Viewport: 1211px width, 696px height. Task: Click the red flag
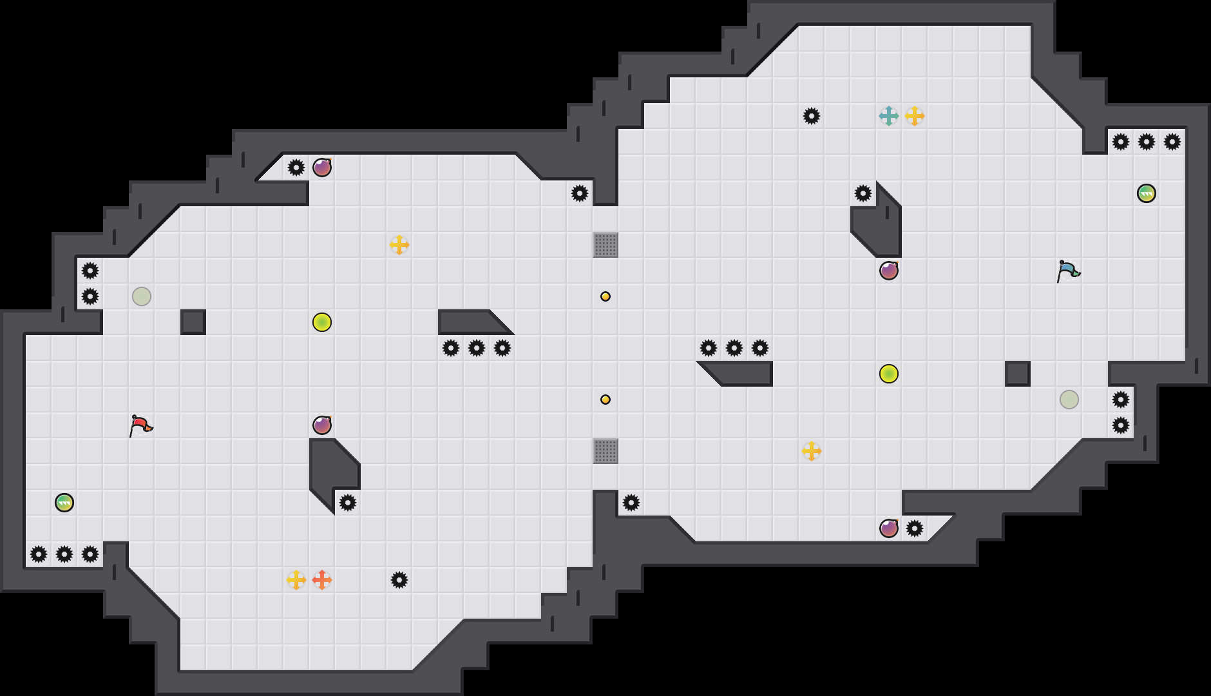[140, 425]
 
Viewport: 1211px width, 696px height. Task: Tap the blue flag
[1068, 271]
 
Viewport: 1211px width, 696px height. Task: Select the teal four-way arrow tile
[889, 116]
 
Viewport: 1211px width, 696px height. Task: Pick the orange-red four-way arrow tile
[322, 580]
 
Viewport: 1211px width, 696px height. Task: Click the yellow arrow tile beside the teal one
[915, 116]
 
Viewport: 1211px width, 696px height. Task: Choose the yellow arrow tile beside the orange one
[296, 580]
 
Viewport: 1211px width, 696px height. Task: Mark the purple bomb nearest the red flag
[322, 425]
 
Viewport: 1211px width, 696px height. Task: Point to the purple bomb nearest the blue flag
[889, 271]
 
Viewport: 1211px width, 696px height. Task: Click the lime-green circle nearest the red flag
[322, 322]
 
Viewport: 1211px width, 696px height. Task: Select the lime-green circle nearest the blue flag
[889, 374]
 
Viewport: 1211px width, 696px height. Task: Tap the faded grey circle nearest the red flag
[142, 296]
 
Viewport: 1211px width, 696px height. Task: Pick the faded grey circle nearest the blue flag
[1069, 400]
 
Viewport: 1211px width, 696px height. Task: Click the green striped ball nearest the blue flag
[1147, 193]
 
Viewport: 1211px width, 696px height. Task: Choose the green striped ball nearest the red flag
[64, 503]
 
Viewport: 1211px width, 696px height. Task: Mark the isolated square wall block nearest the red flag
[193, 322]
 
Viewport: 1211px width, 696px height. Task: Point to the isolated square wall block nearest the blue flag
[1018, 374]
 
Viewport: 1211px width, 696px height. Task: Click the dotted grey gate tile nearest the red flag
[605, 451]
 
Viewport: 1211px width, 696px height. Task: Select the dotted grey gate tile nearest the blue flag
[605, 245]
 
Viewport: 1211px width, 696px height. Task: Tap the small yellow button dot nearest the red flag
[605, 400]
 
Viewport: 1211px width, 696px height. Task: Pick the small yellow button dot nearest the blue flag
[605, 296]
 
